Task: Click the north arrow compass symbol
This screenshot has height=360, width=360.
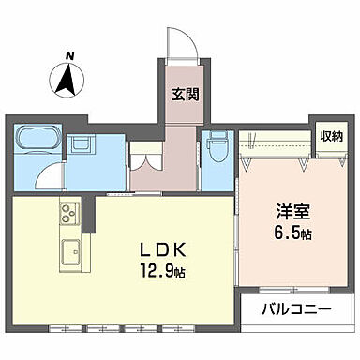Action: tap(66, 81)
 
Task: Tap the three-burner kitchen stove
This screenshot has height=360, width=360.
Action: tap(69, 214)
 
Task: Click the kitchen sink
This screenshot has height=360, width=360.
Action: tap(71, 252)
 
